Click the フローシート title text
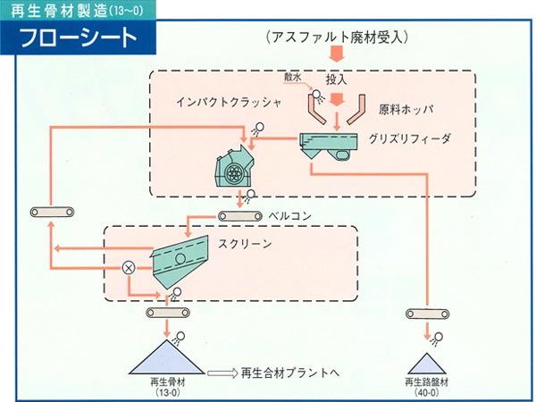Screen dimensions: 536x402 [x=79, y=38]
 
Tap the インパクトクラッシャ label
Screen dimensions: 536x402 [x=229, y=103]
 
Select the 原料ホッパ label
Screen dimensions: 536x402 [x=406, y=109]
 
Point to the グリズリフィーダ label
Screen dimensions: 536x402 [x=409, y=138]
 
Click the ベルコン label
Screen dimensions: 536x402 [x=289, y=216]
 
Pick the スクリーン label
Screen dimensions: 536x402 [x=245, y=244]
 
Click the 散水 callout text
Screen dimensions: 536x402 [x=293, y=78]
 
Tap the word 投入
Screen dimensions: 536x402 [x=337, y=80]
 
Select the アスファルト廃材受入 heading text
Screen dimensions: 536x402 [x=337, y=37]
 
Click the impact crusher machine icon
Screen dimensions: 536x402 [x=235, y=166]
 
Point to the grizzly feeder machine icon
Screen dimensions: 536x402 [x=329, y=147]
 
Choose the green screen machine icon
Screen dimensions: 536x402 [x=180, y=262]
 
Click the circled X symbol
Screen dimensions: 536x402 [x=129, y=268]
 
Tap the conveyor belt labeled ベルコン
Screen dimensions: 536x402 [x=240, y=216]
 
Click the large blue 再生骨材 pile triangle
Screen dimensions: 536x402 [x=167, y=356]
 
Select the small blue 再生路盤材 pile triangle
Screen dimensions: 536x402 [x=427, y=364]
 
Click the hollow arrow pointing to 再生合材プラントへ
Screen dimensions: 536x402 [x=222, y=373]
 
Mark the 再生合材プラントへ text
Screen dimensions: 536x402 [x=290, y=373]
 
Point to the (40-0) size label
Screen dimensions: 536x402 [x=427, y=393]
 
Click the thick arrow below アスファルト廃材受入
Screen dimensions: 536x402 [x=337, y=54]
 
